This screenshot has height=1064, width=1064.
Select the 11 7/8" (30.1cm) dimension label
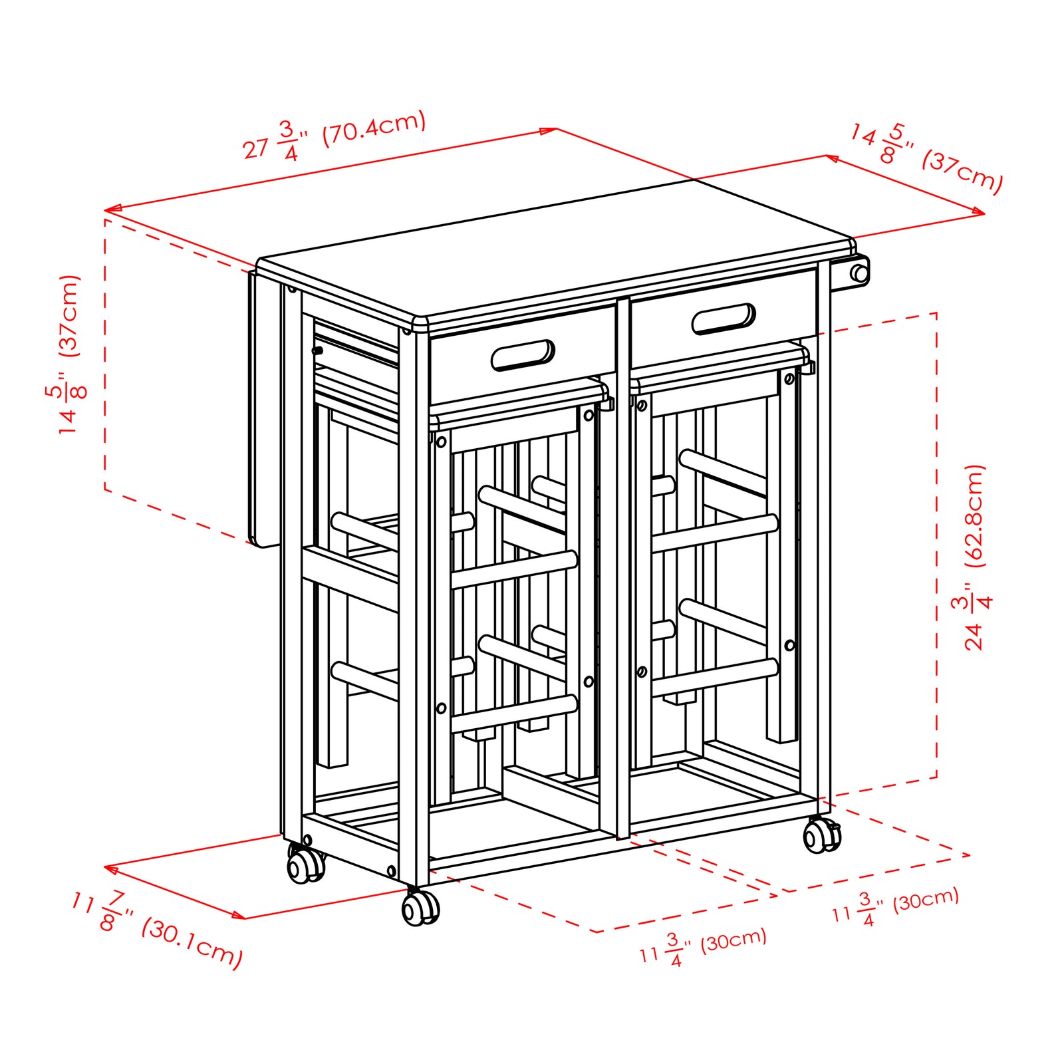click(x=158, y=930)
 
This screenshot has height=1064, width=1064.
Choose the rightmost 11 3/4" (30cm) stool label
click(x=895, y=906)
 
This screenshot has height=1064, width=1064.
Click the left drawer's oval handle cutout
click(x=523, y=356)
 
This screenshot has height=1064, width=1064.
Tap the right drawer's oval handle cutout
click(x=724, y=319)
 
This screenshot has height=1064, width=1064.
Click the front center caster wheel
click(x=420, y=907)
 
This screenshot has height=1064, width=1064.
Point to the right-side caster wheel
click(x=822, y=835)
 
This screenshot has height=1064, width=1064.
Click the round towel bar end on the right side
click(x=859, y=273)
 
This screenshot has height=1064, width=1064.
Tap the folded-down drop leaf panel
click(x=265, y=409)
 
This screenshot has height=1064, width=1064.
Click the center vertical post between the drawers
click(x=622, y=569)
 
